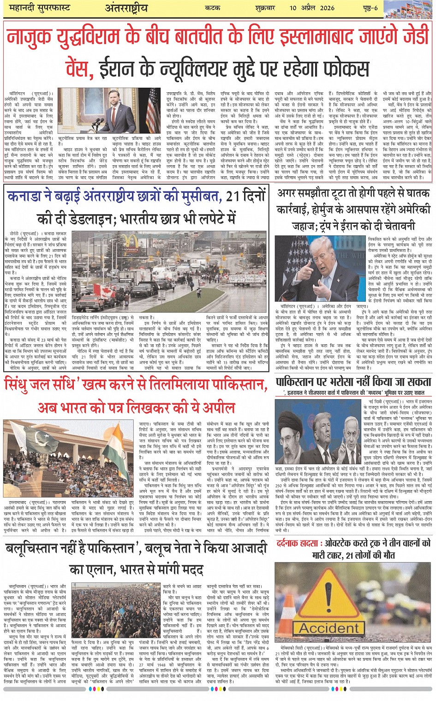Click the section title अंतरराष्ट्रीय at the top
coord(126,8)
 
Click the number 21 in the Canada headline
coord(233,197)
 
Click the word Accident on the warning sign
coord(329,628)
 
